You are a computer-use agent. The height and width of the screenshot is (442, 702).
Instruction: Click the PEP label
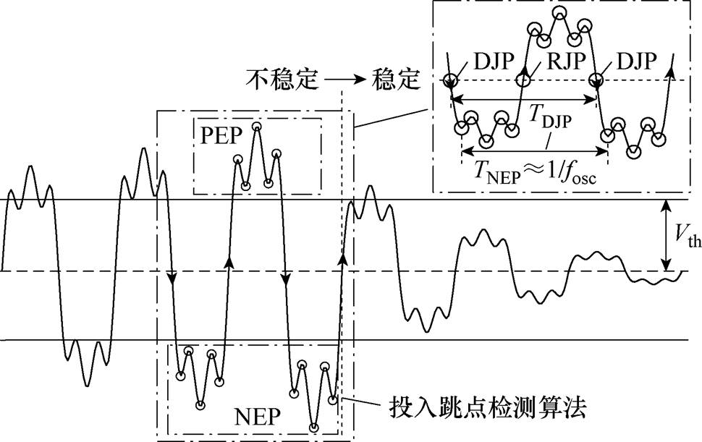(x=221, y=135)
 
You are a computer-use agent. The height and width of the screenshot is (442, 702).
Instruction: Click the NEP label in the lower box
(x=258, y=417)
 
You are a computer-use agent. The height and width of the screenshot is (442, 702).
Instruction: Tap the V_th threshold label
(x=688, y=236)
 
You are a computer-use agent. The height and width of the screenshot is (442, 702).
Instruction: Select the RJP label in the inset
(x=566, y=61)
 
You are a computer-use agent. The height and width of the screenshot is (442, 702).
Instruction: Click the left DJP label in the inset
(x=494, y=61)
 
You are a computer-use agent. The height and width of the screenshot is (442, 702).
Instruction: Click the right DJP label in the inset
(x=637, y=61)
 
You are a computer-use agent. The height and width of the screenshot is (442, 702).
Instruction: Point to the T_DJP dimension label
(x=550, y=116)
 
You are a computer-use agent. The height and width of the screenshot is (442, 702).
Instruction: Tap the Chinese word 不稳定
(x=282, y=80)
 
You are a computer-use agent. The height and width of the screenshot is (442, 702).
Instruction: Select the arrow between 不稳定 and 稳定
(x=344, y=80)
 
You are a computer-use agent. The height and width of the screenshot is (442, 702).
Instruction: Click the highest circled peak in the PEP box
(x=256, y=127)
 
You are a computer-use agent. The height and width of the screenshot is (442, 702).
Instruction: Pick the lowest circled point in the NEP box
(x=314, y=428)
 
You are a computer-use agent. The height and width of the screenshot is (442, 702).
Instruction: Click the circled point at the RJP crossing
(x=524, y=80)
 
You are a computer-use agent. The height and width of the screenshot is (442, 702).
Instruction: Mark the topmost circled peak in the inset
(x=559, y=14)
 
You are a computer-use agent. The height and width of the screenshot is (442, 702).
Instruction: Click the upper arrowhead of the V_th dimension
(x=667, y=205)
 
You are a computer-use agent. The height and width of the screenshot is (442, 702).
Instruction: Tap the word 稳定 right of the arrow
(x=396, y=80)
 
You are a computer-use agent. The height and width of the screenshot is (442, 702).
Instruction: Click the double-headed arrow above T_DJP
(x=523, y=99)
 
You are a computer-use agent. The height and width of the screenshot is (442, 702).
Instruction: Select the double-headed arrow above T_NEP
(x=535, y=152)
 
